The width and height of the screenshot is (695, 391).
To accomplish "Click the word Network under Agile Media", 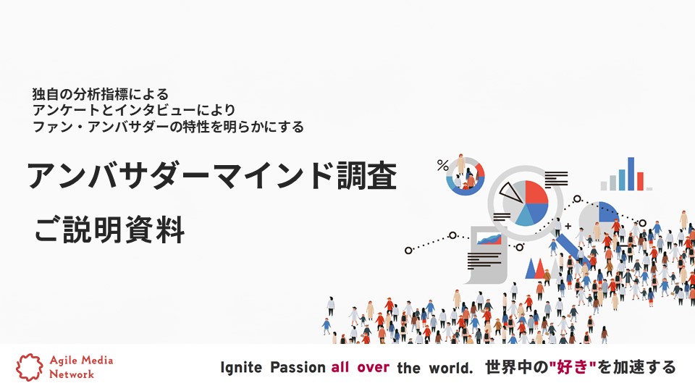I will pos(72,374).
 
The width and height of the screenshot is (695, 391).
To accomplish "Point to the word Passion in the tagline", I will pos(298,368).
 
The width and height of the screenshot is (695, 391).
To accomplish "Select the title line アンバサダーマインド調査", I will pos(211,176).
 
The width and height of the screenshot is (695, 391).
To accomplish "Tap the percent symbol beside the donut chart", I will pos(442,166).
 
